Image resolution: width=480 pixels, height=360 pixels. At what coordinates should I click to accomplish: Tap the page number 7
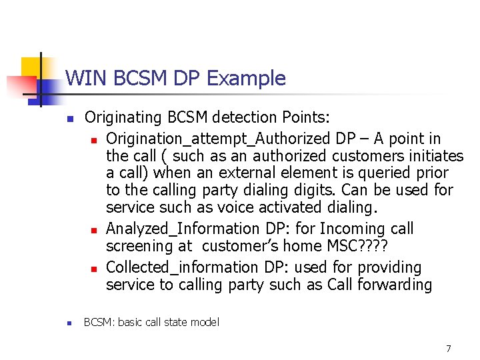(449, 349)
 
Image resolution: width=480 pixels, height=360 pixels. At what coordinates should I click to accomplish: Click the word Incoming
(350, 229)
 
